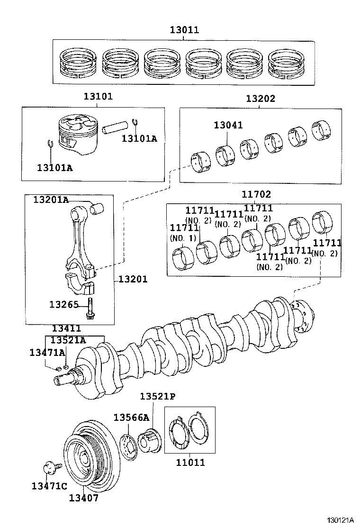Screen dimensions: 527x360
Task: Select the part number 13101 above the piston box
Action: pos(98,97)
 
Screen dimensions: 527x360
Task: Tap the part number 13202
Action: pos(260,99)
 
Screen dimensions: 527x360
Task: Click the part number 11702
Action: pos(256,194)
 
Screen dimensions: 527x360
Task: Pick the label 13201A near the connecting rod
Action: pos(51,200)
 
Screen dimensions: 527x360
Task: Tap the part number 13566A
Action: pos(131,417)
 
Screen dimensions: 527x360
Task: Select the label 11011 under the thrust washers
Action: pos(190,463)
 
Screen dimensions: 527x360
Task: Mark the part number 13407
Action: pos(83,498)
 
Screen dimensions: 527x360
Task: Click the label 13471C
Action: pos(49,486)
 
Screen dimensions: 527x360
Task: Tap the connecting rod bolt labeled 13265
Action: pos(90,309)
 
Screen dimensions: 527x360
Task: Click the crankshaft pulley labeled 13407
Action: pos(90,457)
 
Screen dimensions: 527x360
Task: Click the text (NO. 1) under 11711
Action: pos(182,238)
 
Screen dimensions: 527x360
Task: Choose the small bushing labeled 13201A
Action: pos(99,207)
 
